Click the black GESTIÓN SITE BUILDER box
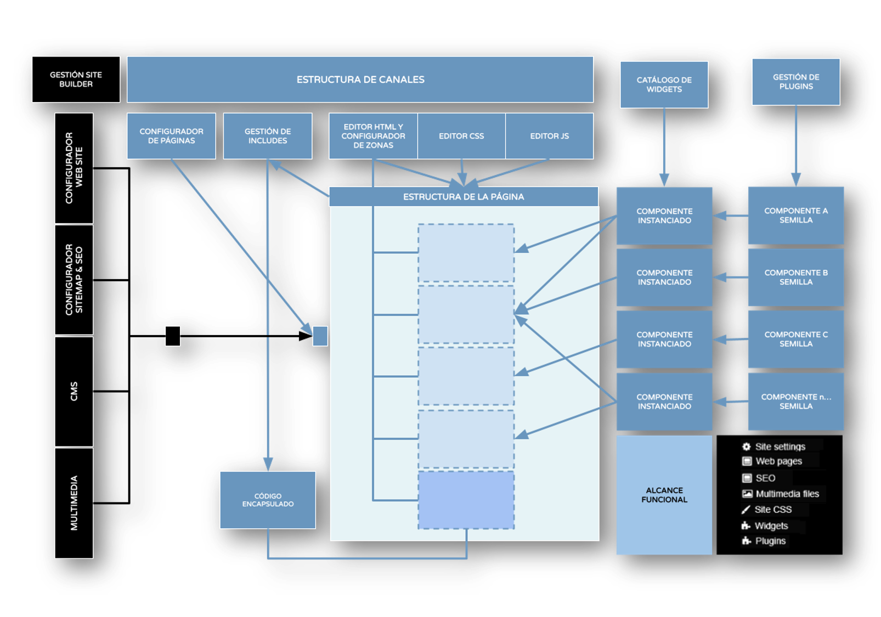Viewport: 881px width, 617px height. click(x=76, y=80)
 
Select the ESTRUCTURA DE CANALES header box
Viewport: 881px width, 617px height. click(x=360, y=80)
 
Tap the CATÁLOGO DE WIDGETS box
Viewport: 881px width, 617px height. click(x=664, y=84)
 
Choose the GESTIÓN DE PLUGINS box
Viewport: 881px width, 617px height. click(x=795, y=82)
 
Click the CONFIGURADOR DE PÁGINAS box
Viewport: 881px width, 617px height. click(x=171, y=136)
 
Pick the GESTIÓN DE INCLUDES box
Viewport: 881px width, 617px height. click(x=268, y=136)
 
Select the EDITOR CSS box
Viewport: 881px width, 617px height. click(x=461, y=136)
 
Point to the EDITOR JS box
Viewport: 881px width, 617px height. click(x=549, y=136)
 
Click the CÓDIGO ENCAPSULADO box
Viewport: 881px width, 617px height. click(x=268, y=500)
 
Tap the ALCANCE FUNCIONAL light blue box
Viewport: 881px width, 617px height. click(x=664, y=495)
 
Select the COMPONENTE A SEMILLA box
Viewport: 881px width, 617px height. click(x=795, y=216)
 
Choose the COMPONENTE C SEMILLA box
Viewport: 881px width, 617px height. click(x=795, y=339)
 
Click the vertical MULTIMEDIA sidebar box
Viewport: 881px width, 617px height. click(x=74, y=503)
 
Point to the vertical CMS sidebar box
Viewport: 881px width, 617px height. click(x=74, y=391)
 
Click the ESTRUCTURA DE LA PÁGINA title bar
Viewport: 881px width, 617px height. click(x=464, y=196)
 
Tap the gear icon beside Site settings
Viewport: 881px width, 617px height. click(x=747, y=446)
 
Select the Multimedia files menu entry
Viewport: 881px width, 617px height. click(x=787, y=494)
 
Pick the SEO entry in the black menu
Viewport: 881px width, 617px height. click(x=765, y=478)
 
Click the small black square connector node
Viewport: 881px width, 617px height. click(x=173, y=336)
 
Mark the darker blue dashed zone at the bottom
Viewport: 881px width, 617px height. click(x=466, y=500)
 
